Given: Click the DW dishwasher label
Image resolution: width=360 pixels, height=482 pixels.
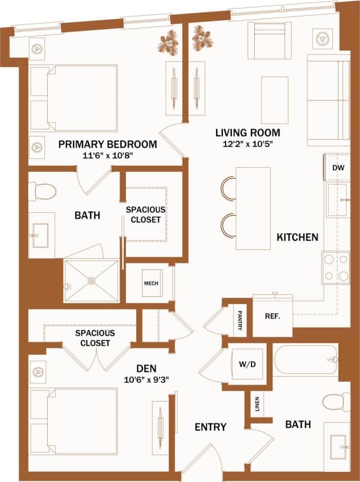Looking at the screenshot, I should point(337,168).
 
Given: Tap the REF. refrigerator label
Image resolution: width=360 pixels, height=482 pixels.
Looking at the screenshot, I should point(272,316).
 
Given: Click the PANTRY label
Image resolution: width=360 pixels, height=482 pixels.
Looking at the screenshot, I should point(240,320).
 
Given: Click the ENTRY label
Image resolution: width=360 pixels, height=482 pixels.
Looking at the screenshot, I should point(210,427).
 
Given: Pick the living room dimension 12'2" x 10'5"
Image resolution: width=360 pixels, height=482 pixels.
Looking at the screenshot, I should point(247,144).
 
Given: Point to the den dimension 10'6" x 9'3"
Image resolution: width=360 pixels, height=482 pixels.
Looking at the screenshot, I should point(146,378).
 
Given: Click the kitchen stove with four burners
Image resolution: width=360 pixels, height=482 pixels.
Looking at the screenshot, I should point(336,267).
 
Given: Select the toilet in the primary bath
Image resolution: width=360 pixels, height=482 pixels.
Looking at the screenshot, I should point(42,191).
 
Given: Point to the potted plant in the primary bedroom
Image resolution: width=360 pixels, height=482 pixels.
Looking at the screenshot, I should point(168,43).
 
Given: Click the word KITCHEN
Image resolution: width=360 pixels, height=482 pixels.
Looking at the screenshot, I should point(297,237).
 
